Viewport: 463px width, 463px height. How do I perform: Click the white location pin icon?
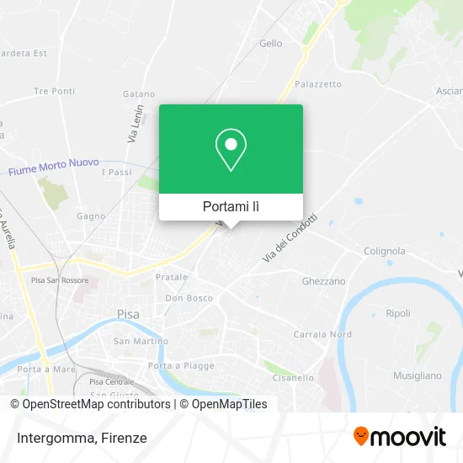(x=231, y=149)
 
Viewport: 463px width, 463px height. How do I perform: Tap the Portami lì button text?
(x=231, y=206)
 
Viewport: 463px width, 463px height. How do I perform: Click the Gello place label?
(x=271, y=44)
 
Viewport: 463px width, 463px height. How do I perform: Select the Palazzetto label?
(x=317, y=84)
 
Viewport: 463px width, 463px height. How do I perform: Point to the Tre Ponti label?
(x=54, y=91)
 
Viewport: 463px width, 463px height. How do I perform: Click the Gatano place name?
(x=138, y=94)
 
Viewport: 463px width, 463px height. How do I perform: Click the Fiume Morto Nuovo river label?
(x=54, y=166)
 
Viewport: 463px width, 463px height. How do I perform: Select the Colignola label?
(x=384, y=251)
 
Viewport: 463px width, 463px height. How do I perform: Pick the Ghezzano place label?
(x=323, y=281)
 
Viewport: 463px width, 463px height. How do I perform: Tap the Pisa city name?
(x=127, y=315)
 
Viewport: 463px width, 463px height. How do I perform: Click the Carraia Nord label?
(x=322, y=334)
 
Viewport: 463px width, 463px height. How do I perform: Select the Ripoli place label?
(x=397, y=313)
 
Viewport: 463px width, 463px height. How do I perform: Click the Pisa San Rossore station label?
(x=61, y=280)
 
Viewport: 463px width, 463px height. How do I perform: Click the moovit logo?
(x=400, y=437)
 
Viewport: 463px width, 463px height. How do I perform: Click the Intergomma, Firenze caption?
(x=80, y=438)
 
